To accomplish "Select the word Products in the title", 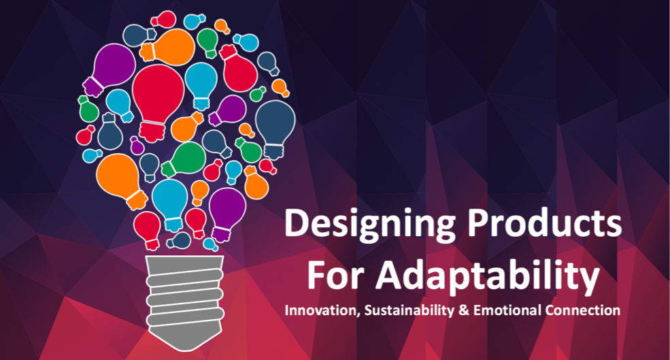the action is click(x=544, y=223).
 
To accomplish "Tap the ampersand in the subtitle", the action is click(x=464, y=310).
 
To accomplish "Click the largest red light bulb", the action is click(x=157, y=101).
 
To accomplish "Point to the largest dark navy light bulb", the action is click(x=275, y=128).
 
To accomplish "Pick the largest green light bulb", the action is click(x=184, y=159).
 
